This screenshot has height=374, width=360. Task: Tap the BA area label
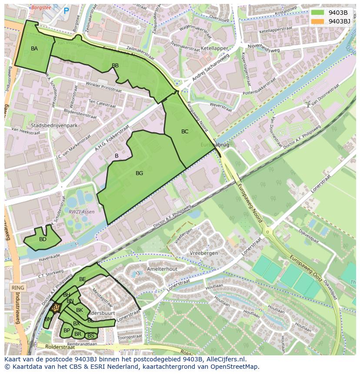pos(34,49)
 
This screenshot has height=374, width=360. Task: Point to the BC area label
pos(185,132)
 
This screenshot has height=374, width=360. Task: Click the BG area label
pos(139,173)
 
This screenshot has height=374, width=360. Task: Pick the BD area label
pos(43,239)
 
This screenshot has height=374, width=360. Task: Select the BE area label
pos(83,279)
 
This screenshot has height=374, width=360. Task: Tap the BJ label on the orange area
pos(56,308)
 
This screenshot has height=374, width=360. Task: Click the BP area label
pos(67,331)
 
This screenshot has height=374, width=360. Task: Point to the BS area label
pos(91,336)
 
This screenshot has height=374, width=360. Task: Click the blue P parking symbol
pos(66,11)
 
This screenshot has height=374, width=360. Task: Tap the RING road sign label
pos(18,288)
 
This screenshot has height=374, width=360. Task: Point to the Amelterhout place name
pos(162,269)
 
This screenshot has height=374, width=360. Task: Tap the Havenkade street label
pos(49,257)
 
